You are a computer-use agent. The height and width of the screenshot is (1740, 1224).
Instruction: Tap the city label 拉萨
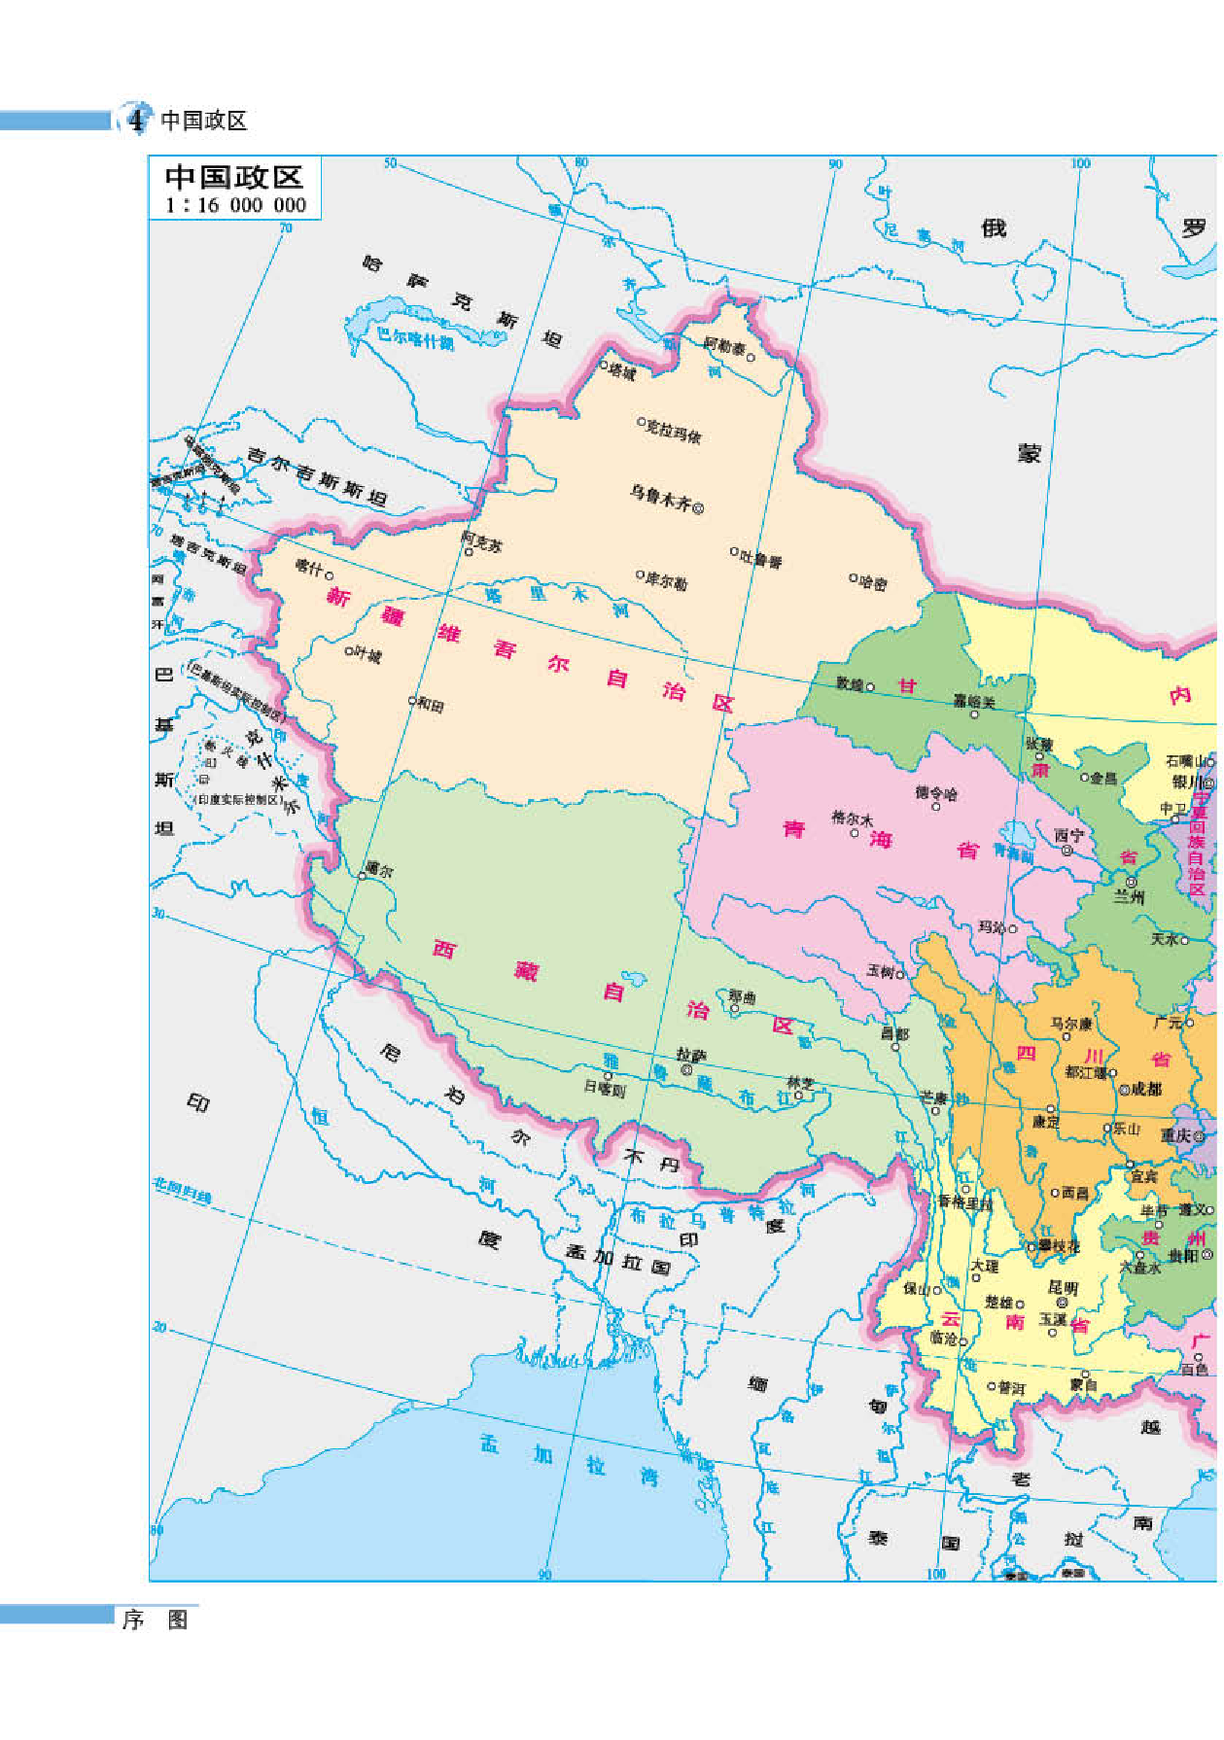[x=690, y=1055]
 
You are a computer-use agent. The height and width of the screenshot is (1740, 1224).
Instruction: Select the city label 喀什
[x=308, y=566]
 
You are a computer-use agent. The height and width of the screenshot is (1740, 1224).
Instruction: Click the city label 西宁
[x=1068, y=835]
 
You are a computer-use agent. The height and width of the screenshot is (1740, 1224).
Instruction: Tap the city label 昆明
[x=1063, y=1287]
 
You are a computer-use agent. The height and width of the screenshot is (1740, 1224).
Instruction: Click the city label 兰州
[x=1129, y=897]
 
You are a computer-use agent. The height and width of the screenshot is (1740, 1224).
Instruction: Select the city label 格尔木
[x=852, y=818]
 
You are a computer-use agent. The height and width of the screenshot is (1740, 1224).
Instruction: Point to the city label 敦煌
[x=850, y=684]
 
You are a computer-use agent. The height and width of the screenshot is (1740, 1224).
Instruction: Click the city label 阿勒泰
[x=724, y=346]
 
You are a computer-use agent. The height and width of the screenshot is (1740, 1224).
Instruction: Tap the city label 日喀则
[x=604, y=1090]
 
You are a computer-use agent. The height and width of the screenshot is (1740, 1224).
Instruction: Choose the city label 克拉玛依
[x=674, y=431]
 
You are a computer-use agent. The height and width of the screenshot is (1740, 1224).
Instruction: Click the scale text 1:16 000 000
[x=235, y=205]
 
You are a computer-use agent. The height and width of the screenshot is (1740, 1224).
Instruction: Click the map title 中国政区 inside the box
[x=234, y=177]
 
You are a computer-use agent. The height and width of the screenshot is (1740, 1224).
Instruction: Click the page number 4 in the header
[x=136, y=121]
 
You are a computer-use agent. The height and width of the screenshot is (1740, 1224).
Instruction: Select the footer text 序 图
[x=155, y=1619]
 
